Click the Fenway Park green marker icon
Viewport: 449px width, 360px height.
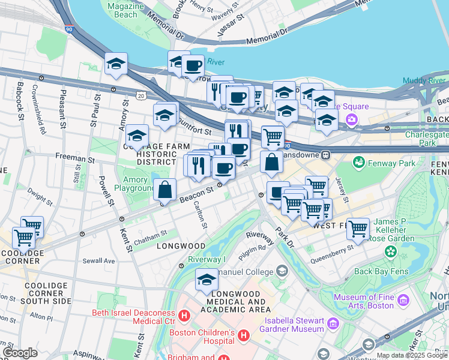359,162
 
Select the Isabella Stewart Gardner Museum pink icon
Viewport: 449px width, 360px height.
334,324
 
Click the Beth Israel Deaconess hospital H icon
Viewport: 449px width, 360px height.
184,314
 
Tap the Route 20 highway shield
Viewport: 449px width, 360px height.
140,95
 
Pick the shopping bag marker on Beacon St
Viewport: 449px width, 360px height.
164,190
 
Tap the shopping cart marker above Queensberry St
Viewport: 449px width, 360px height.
358,229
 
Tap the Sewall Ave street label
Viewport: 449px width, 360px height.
99,261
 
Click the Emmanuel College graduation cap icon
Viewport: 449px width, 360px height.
281,272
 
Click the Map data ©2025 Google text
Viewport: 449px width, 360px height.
411,355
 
